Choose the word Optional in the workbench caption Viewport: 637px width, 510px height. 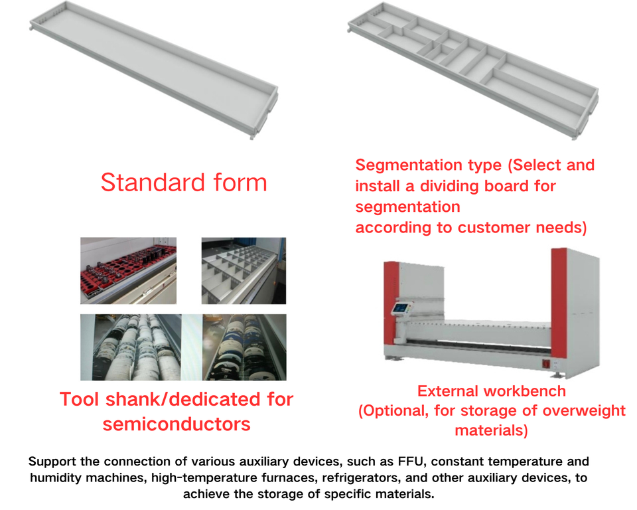point(395,410)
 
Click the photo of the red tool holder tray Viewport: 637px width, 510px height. point(129,270)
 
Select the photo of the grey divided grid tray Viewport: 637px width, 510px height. point(244,270)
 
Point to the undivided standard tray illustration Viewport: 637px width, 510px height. point(156,73)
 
